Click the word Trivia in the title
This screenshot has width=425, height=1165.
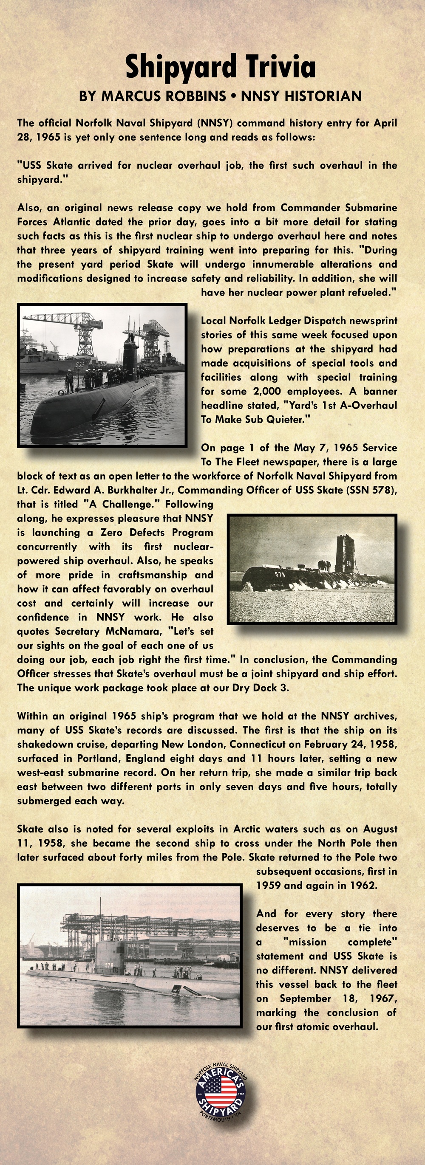[275, 67]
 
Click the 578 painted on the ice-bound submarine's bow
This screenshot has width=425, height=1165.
[280, 574]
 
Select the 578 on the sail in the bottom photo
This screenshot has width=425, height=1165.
[110, 965]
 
